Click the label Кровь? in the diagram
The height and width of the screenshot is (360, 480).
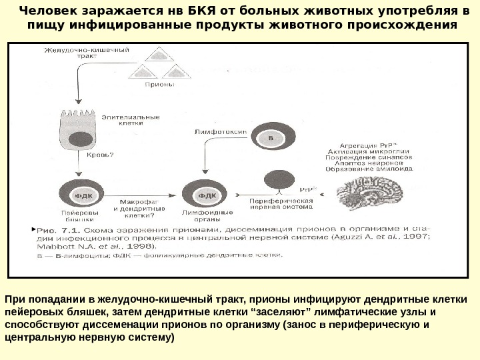point(101,155)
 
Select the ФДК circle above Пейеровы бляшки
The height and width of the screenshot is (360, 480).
point(81,195)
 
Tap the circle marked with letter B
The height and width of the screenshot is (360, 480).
point(271,138)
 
